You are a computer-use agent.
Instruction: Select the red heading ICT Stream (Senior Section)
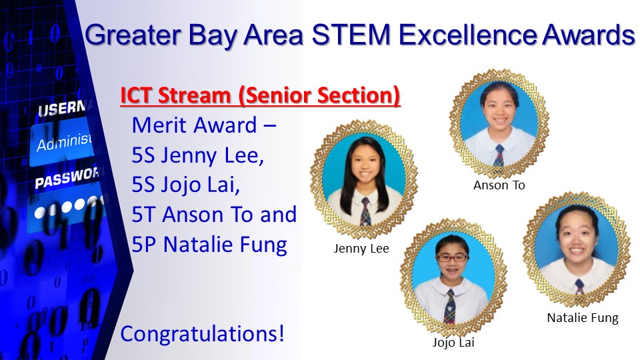pyautogui.click(x=260, y=95)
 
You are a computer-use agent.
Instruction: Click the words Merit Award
pyautogui.click(x=194, y=125)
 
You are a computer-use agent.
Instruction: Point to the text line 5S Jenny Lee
pyautogui.click(x=198, y=155)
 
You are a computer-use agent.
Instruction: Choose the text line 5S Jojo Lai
pyautogui.click(x=186, y=185)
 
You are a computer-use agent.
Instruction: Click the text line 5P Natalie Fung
pyautogui.click(x=209, y=245)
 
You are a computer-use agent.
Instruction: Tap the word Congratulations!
pyautogui.click(x=202, y=333)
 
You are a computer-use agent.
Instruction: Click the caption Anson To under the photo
pyautogui.click(x=499, y=185)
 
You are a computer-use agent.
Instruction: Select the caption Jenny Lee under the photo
pyautogui.click(x=361, y=249)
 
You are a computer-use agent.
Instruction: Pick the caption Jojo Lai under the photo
pyautogui.click(x=453, y=342)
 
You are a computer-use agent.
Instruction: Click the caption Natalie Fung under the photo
pyautogui.click(x=583, y=317)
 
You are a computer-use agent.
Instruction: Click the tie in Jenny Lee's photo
pyautogui.click(x=365, y=211)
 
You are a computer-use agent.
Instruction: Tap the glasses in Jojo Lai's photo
pyautogui.click(x=452, y=258)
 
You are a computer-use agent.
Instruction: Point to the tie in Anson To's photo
pyautogui.click(x=499, y=155)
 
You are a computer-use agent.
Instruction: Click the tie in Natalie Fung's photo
pyautogui.click(x=579, y=287)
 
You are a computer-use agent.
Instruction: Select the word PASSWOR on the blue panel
pyautogui.click(x=67, y=178)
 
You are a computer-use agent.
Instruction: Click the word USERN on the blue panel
pyautogui.click(x=62, y=109)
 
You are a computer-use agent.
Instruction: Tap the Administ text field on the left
pyautogui.click(x=62, y=141)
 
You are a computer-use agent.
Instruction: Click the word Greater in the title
pyautogui.click(x=133, y=35)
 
